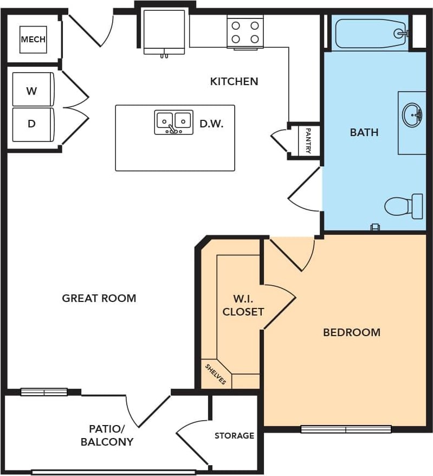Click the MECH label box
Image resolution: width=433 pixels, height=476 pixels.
(x=34, y=40)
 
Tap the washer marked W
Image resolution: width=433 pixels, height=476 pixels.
(x=33, y=89)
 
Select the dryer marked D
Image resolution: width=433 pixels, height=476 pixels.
(x=33, y=125)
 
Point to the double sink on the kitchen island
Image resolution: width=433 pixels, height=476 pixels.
(x=173, y=122)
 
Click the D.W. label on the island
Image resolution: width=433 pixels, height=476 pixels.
(x=211, y=124)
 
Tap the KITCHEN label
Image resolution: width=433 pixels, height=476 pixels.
(x=234, y=81)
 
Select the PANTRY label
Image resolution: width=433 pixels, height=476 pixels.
(x=308, y=140)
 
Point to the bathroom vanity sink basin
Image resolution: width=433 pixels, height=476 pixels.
(x=412, y=115)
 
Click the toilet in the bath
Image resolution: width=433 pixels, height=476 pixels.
(x=404, y=206)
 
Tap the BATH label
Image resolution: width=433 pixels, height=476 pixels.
(x=364, y=132)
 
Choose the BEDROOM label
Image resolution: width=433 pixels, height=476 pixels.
(x=352, y=332)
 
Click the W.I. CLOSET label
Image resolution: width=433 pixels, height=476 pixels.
(x=243, y=305)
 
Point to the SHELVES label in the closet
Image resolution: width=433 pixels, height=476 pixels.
(x=216, y=374)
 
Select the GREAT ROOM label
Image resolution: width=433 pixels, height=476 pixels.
(x=99, y=298)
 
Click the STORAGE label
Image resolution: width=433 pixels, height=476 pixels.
(x=234, y=436)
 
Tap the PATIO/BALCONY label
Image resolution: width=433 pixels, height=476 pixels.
(x=107, y=435)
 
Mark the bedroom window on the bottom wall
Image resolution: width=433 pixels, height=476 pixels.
(x=346, y=429)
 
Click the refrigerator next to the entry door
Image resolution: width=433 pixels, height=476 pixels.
(x=164, y=32)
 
